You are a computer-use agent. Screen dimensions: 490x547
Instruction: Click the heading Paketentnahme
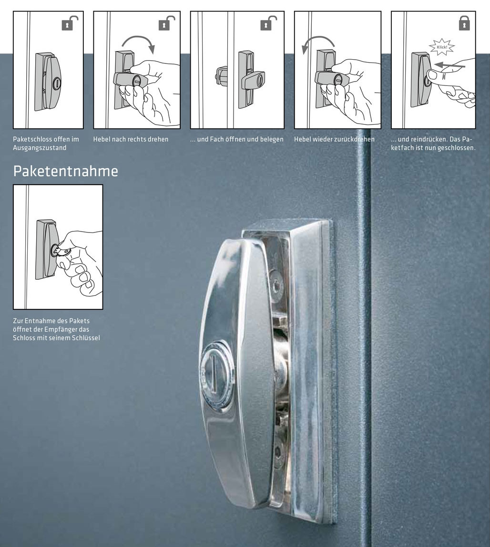pyautogui.click(x=65, y=171)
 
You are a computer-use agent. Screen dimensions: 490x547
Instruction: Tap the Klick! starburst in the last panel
pyautogui.click(x=441, y=47)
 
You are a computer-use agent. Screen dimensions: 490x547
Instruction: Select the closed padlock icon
pyautogui.click(x=464, y=23)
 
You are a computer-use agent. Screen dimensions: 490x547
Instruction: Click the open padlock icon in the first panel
pyautogui.click(x=69, y=23)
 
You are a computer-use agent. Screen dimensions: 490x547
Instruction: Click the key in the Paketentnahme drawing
pyautogui.click(x=62, y=252)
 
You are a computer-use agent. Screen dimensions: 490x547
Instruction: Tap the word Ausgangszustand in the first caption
pyautogui.click(x=40, y=148)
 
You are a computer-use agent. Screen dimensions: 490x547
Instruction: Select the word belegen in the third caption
pyautogui.click(x=272, y=139)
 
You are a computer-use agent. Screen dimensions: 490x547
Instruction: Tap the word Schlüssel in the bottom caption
pyautogui.click(x=85, y=337)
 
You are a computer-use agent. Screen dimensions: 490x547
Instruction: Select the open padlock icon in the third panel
pyautogui.click(x=268, y=23)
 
